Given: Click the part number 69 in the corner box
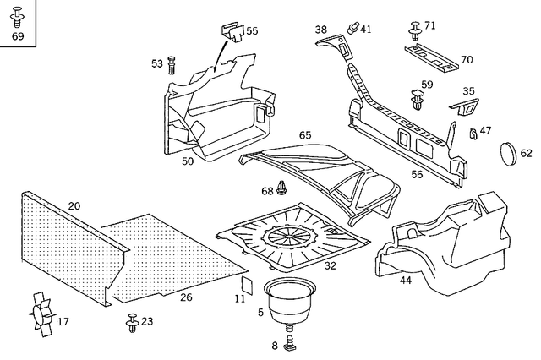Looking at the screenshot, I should click(18, 37).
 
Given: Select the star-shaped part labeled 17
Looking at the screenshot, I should click(39, 320).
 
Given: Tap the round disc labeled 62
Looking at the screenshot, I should click(509, 154).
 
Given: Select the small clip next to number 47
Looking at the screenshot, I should click(473, 133).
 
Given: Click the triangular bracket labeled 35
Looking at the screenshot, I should click(462, 107).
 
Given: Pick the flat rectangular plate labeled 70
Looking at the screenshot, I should click(436, 58).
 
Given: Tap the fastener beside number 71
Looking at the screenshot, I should click(414, 30).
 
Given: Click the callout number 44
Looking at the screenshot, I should click(405, 280).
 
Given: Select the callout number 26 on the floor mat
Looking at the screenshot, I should click(185, 297).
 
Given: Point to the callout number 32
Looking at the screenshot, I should click(330, 265).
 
